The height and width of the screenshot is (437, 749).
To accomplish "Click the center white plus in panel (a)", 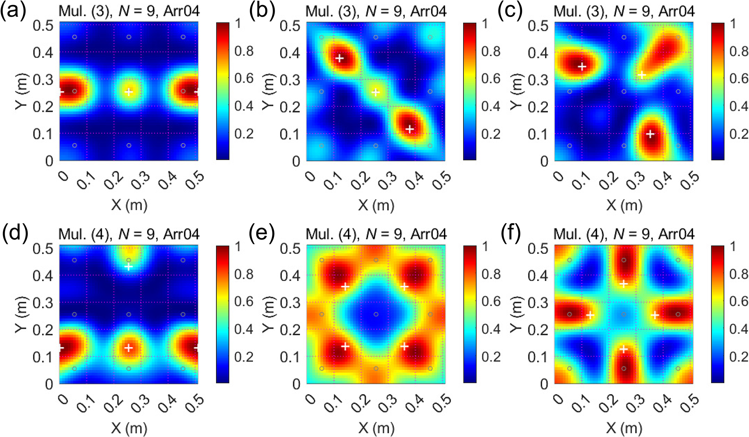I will click(129, 92).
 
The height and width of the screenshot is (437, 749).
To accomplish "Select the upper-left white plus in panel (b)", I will click(340, 58).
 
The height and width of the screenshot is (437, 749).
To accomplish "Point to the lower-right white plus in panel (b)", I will click(410, 129).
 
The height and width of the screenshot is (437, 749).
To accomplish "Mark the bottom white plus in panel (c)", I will click(650, 134).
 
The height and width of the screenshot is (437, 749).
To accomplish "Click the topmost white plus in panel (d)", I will click(129, 267).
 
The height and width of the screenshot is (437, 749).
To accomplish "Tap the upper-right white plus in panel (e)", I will click(404, 287).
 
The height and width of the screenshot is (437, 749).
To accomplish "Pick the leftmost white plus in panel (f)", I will click(590, 315).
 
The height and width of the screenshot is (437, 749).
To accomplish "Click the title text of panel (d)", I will click(129, 234).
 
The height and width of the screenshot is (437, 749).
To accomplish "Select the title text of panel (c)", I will click(624, 11).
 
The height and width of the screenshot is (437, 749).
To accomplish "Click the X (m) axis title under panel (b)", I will click(376, 205).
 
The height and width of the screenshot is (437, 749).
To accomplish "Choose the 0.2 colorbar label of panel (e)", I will click(491, 357).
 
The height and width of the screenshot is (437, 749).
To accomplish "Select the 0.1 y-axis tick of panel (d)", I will click(43, 357).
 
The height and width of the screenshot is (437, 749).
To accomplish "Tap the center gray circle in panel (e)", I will click(376, 314).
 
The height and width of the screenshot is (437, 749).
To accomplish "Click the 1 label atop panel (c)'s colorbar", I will click(733, 24).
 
